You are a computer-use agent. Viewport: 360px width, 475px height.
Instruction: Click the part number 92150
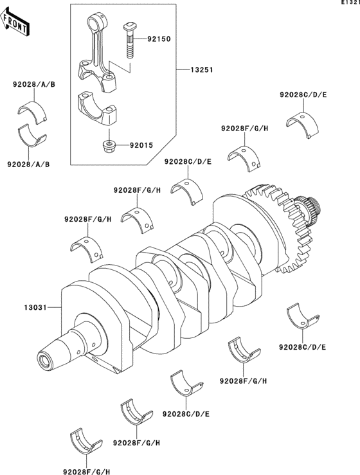159,39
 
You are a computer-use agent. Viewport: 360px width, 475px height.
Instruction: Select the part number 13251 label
201,70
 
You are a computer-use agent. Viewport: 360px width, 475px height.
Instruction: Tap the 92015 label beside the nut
141,145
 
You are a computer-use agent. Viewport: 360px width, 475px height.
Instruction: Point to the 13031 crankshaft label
35,307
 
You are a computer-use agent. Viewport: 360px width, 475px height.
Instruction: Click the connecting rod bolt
129,40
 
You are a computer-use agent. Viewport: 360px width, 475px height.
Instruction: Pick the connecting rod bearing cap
97,110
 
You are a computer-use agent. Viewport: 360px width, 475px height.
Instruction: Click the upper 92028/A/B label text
34,85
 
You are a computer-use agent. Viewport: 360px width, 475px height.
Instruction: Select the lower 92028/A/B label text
28,165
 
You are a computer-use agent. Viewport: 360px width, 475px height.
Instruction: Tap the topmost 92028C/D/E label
303,95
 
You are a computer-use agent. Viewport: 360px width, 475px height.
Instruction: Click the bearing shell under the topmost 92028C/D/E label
303,125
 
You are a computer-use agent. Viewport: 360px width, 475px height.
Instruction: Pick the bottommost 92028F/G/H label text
87,472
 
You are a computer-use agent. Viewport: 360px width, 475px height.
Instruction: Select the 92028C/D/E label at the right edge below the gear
302,347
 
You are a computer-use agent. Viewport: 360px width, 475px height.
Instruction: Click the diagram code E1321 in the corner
350,2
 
